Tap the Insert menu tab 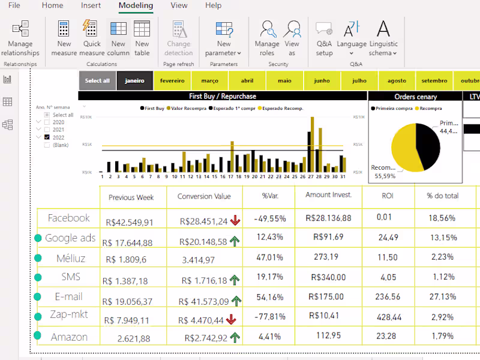[91, 5]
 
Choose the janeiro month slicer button [134, 80]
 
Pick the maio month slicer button [284, 80]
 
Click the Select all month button [97, 80]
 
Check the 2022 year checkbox [47, 137]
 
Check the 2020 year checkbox [47, 122]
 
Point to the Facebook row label [68, 218]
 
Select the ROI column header [388, 196]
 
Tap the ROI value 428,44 [389, 316]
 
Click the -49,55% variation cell [269, 218]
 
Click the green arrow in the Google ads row [235, 242]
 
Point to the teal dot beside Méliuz [38, 258]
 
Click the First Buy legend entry [154, 109]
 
